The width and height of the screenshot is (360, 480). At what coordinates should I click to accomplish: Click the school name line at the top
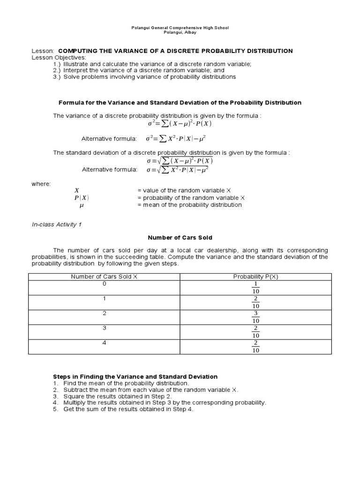pyautogui.click(x=180, y=28)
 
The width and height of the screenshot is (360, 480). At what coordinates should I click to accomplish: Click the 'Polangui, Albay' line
pyautogui.click(x=180, y=32)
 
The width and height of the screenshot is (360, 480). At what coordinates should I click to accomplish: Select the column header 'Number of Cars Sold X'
pyautogui.click(x=104, y=277)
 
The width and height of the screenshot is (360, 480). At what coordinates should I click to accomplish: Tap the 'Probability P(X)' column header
pyautogui.click(x=255, y=277)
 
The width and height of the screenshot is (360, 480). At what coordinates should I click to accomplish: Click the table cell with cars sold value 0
pyautogui.click(x=104, y=284)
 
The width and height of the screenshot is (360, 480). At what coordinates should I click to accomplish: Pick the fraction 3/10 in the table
pyautogui.click(x=255, y=317)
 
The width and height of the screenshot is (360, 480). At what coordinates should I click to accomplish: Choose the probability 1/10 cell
pyautogui.click(x=255, y=287)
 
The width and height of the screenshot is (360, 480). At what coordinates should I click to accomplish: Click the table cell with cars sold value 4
pyautogui.click(x=104, y=343)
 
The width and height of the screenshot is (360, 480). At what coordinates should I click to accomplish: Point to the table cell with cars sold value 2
pyautogui.click(x=104, y=313)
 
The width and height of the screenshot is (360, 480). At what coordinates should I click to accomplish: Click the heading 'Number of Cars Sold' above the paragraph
pyautogui.click(x=180, y=238)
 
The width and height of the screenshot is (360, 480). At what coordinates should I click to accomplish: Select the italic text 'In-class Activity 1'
pyautogui.click(x=57, y=225)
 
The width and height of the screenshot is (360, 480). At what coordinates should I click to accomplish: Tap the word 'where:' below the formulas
pyautogui.click(x=41, y=184)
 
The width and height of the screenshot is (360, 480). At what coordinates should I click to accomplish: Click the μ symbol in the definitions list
pyautogui.click(x=81, y=205)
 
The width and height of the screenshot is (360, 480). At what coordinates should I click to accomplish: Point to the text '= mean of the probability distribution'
pyautogui.click(x=189, y=205)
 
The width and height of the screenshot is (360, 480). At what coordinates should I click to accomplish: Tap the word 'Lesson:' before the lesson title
pyautogui.click(x=43, y=51)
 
